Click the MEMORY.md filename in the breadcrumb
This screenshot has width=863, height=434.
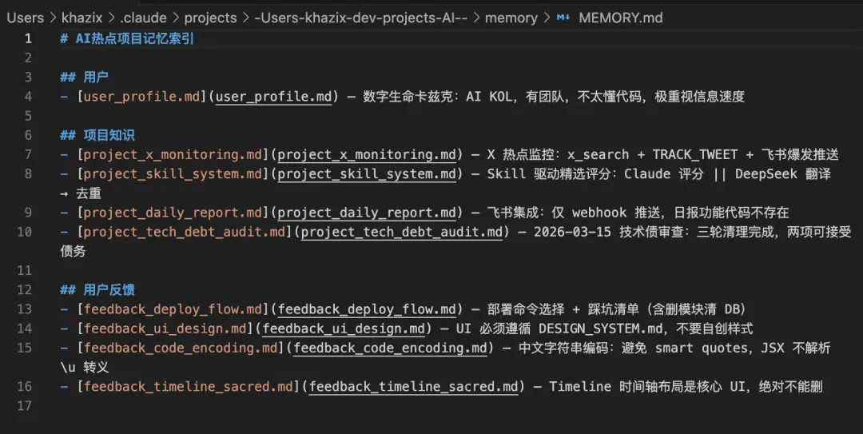click(620, 18)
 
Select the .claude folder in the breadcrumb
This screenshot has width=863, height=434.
click(143, 18)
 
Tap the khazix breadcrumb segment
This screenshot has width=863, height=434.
click(82, 18)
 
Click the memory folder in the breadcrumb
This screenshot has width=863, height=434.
click(511, 18)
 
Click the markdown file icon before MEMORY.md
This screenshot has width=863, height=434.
click(563, 18)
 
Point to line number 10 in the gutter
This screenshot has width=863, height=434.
click(25, 232)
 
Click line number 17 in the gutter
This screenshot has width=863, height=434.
click(25, 406)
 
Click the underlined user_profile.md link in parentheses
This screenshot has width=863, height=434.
click(273, 97)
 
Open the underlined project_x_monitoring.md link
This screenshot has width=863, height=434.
click(367, 155)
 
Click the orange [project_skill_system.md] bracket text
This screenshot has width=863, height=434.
click(173, 174)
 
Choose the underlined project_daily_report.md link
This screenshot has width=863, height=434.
click(367, 213)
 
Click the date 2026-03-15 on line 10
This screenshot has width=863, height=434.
click(572, 232)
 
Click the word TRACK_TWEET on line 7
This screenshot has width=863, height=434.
click(695, 155)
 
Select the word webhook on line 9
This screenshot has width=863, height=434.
click(599, 213)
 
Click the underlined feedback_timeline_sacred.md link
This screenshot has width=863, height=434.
click(413, 387)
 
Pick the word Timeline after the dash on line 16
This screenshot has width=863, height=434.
click(580, 387)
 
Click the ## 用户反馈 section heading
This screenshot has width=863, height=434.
click(97, 289)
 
